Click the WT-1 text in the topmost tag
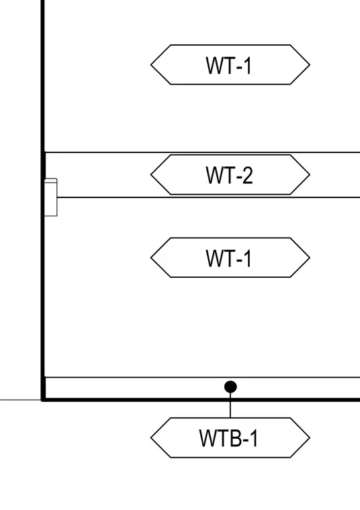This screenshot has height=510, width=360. [x=229, y=65]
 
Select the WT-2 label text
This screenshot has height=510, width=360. [x=230, y=175]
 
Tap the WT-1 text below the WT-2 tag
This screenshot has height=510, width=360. [x=229, y=258]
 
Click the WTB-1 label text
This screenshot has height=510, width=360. [x=228, y=438]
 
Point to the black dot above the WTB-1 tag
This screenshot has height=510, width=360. [x=230, y=387]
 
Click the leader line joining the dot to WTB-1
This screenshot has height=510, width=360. [x=230, y=405]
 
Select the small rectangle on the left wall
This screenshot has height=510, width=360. [x=51, y=197]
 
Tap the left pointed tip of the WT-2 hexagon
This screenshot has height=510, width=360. [x=150, y=174]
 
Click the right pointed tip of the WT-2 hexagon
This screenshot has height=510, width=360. [x=310, y=174]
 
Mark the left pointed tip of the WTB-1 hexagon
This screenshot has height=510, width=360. [x=150, y=438]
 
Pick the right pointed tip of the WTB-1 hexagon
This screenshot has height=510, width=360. [x=310, y=438]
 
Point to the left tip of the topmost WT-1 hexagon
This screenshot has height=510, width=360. [x=150, y=64]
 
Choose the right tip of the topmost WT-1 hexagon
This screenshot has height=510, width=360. [x=310, y=64]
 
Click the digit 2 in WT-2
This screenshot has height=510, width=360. [x=247, y=175]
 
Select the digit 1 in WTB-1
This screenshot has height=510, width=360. [x=254, y=438]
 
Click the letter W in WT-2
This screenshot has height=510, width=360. [x=214, y=175]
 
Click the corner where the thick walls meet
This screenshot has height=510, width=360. [x=42, y=399]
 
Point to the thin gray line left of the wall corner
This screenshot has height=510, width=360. [x=20, y=400]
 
